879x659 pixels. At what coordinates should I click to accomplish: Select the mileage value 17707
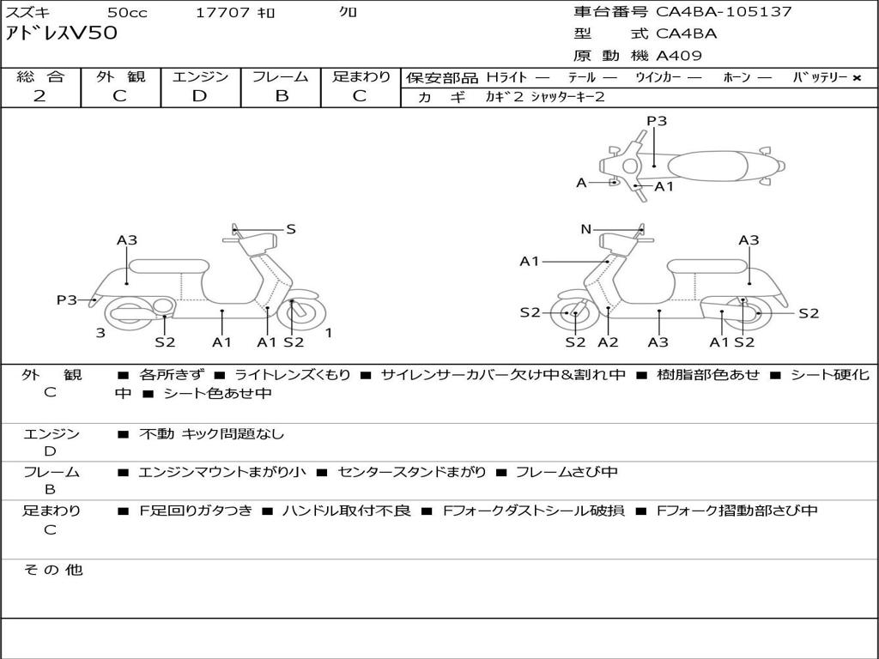(x=222, y=13)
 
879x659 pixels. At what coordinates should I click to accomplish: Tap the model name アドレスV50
(x=62, y=33)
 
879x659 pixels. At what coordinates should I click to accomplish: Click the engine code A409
(x=679, y=56)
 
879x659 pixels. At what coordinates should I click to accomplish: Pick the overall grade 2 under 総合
(x=39, y=96)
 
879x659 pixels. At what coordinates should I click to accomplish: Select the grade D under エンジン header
(x=199, y=96)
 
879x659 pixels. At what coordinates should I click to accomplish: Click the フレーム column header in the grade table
(x=281, y=76)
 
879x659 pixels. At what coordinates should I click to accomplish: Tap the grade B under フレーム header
(x=281, y=96)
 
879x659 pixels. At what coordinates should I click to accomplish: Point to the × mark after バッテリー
(x=856, y=77)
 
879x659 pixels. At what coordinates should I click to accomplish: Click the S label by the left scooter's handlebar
(x=291, y=229)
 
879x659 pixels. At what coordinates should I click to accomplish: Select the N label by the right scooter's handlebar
(x=586, y=229)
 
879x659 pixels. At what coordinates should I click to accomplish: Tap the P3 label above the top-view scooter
(x=657, y=121)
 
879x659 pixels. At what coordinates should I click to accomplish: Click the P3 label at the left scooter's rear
(x=67, y=299)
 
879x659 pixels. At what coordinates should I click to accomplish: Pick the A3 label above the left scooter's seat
(x=127, y=240)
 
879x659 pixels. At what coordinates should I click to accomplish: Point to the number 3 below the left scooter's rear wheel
(x=100, y=333)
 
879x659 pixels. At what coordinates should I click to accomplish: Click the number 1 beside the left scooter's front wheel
(x=329, y=333)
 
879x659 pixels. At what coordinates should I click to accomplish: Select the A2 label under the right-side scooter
(x=608, y=342)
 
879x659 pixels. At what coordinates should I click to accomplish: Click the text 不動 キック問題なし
(x=211, y=434)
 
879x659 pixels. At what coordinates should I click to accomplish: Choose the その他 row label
(x=52, y=570)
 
